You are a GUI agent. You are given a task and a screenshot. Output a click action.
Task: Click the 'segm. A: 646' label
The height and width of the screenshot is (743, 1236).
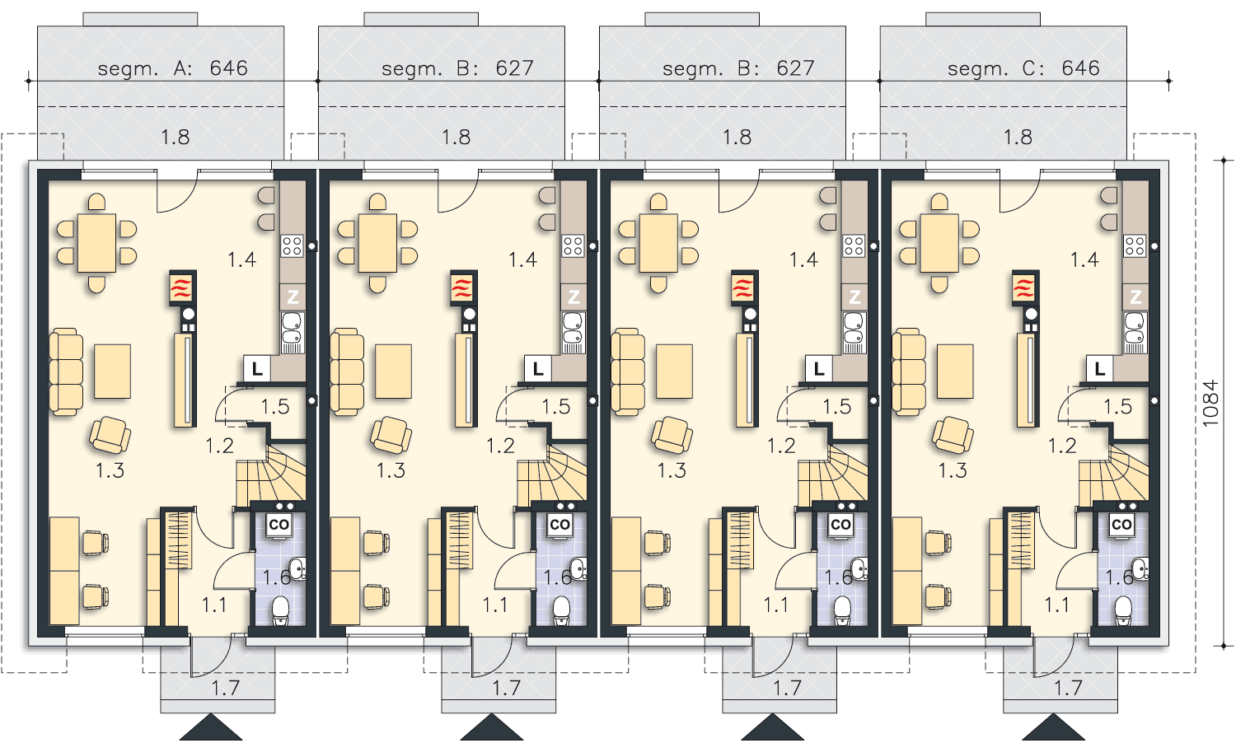pyautogui.click(x=173, y=68)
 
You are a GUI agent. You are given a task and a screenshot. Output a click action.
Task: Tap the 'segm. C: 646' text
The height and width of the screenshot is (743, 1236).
pyautogui.click(x=1023, y=68)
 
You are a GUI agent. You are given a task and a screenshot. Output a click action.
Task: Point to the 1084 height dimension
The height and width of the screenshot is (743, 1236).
pyautogui.click(x=1210, y=404)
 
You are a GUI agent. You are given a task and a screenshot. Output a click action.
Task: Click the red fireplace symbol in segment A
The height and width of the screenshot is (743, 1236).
pyautogui.click(x=182, y=288)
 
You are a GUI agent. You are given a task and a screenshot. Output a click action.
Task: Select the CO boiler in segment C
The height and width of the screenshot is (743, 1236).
pyautogui.click(x=1121, y=525)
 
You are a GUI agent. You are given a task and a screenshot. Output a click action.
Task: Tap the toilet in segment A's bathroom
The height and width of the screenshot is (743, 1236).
pyautogui.click(x=281, y=610)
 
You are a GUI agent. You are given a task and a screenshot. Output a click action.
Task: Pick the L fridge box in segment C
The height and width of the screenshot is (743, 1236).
pyautogui.click(x=1100, y=369)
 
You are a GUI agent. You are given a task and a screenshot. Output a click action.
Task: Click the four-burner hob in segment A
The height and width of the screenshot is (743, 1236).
pyautogui.click(x=292, y=245)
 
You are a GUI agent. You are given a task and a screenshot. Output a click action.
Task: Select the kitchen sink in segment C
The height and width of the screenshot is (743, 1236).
pyautogui.click(x=1135, y=332)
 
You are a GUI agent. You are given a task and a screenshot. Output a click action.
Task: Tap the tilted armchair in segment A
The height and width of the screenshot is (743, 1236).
pyautogui.click(x=110, y=435)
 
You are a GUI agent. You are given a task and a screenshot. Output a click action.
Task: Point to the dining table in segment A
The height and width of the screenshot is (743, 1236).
pyautogui.click(x=96, y=243)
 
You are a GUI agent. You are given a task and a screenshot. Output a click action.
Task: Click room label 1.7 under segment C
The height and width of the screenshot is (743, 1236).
pyautogui.click(x=1068, y=688)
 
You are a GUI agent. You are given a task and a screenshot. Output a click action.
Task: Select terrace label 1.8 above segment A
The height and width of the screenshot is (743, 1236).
pyautogui.click(x=175, y=137)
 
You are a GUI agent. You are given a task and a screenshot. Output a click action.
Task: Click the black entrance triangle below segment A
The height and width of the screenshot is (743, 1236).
pyautogui.click(x=211, y=727)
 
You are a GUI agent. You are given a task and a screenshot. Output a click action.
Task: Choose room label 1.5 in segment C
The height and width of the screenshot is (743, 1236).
pyautogui.click(x=1118, y=407)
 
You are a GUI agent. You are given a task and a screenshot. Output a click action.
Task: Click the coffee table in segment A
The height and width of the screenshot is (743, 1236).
pyautogui.click(x=113, y=371)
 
